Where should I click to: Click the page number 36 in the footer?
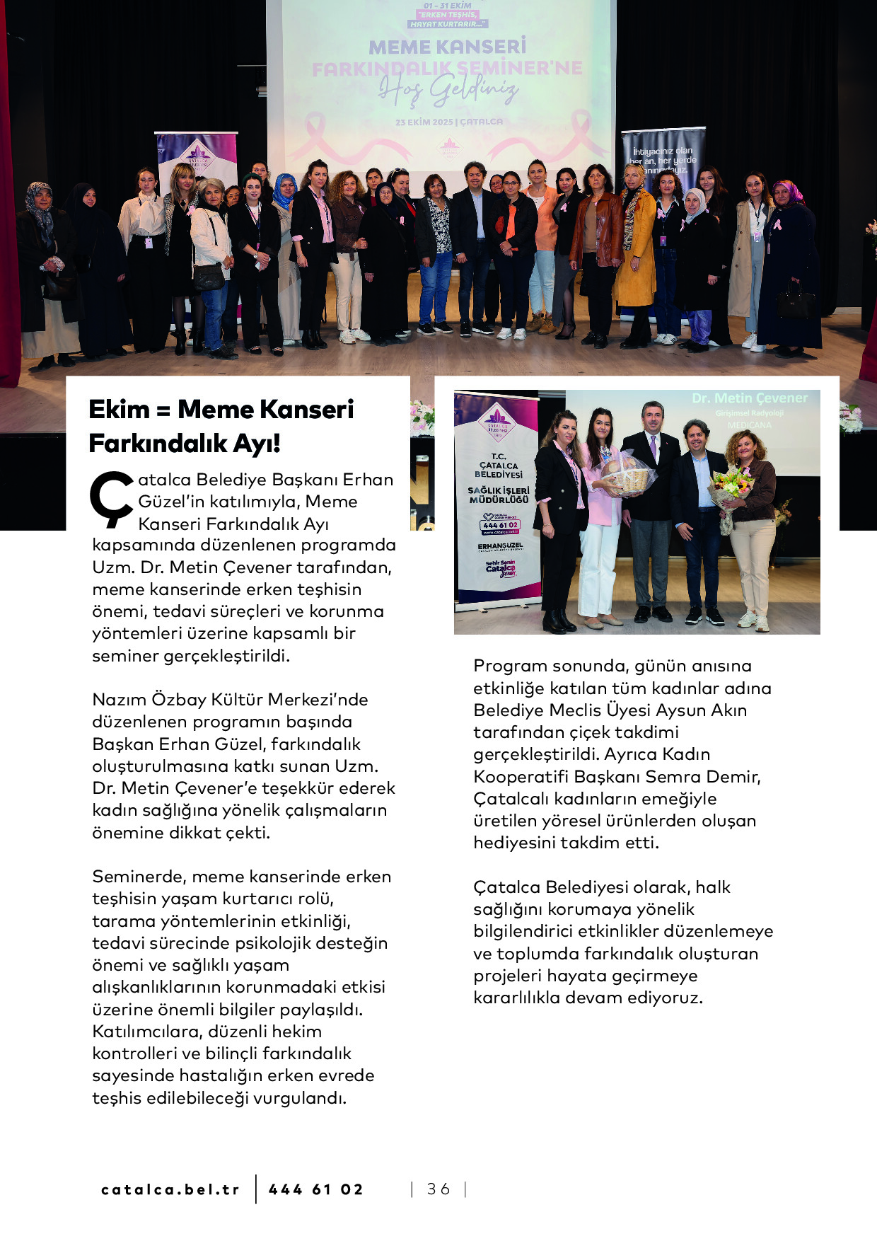(438, 1189)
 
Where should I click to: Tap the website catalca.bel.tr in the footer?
(170, 1190)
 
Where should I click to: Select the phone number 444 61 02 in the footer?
(316, 1190)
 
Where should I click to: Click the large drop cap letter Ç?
(111, 499)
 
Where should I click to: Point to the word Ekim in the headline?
(119, 410)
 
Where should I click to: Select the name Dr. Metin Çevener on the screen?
(749, 398)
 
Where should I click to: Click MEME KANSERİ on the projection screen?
(447, 47)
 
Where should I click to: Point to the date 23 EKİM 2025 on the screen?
(424, 122)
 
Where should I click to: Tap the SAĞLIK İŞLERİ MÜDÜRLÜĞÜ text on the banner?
(499, 495)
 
